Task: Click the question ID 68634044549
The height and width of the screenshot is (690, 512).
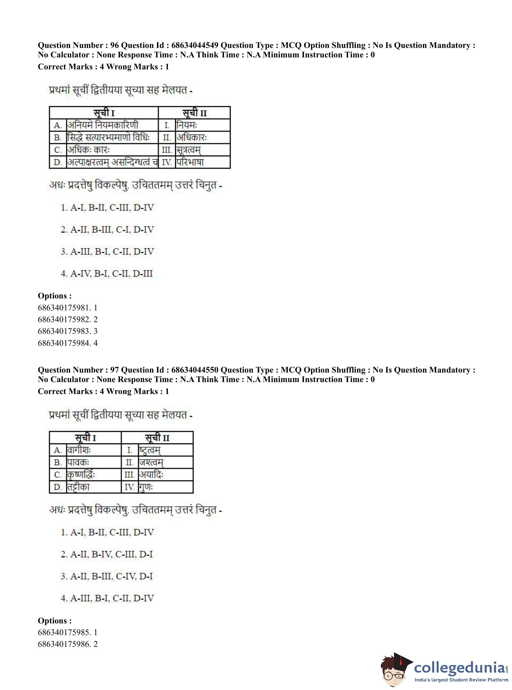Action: [x=195, y=45]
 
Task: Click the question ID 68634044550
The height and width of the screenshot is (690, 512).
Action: [x=195, y=370]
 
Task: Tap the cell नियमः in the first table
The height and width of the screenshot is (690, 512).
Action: [x=187, y=125]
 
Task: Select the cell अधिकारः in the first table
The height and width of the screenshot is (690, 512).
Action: [x=192, y=137]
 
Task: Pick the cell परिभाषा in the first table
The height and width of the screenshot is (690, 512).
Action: [x=190, y=162]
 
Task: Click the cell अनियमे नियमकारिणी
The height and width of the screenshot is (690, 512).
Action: [x=103, y=125]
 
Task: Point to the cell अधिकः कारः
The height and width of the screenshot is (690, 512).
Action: [x=89, y=150]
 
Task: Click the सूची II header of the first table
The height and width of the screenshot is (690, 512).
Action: [x=194, y=113]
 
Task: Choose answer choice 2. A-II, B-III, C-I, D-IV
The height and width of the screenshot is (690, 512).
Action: [x=107, y=229]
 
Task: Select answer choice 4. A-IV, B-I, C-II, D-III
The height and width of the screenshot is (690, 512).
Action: [x=107, y=273]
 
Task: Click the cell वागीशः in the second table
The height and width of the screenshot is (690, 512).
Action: [x=79, y=450]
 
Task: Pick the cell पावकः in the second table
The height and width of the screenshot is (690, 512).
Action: [x=78, y=462]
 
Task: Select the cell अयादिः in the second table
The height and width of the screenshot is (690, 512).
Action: [x=151, y=475]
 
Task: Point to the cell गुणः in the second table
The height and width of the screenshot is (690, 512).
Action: [x=146, y=487]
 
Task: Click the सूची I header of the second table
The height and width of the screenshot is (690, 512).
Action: [x=85, y=438]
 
